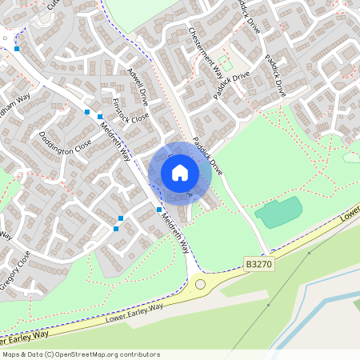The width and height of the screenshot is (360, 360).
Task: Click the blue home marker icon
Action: click(180, 173)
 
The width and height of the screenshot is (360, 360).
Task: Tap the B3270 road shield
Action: click(259, 263)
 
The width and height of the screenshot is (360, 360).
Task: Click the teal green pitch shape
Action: click(278, 212)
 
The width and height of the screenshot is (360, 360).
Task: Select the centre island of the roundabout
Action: click(200, 284)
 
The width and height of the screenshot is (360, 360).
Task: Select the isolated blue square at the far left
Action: click(17, 49)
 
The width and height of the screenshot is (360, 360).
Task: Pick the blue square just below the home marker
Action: click(158, 210)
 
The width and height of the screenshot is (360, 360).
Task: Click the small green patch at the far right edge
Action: click(351, 157)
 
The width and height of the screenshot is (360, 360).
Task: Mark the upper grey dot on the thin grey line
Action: click(309, 254)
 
